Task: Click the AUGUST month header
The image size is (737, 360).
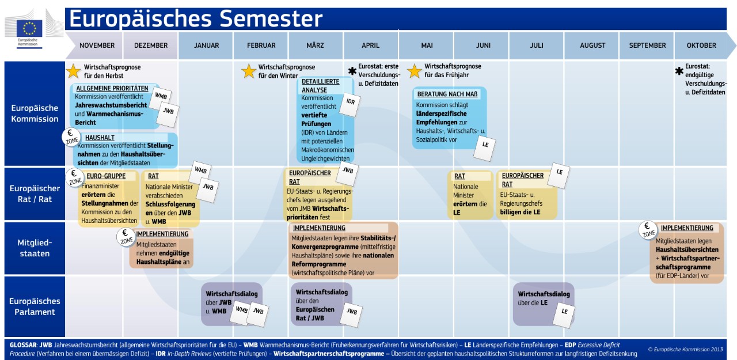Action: (592, 46)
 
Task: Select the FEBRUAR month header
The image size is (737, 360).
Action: (261, 46)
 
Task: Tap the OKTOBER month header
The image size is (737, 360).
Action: (701, 46)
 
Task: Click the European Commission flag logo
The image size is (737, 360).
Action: (29, 28)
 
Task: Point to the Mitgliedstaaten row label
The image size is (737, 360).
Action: (35, 248)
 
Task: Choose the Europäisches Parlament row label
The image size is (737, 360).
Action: (35, 306)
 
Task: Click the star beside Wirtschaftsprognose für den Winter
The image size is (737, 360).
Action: (249, 71)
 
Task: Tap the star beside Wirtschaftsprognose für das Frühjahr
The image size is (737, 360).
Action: (414, 71)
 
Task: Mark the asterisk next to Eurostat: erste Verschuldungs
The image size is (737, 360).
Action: (352, 71)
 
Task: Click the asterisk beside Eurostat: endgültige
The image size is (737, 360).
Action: (679, 71)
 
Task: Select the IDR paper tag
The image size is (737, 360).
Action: (349, 105)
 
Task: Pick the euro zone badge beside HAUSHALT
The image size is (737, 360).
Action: (71, 137)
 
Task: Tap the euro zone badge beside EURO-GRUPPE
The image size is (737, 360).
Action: (75, 178)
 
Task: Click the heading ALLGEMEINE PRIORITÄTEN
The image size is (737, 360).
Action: (112, 88)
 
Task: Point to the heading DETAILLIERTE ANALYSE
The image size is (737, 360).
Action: (321, 86)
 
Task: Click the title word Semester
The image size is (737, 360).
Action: (271, 18)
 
